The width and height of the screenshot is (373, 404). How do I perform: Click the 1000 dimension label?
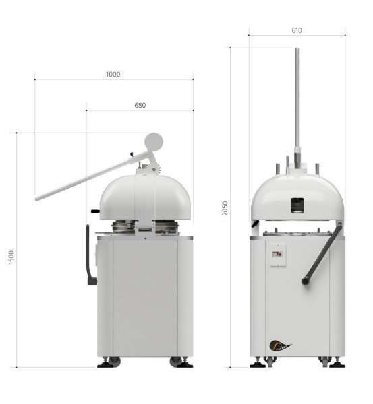tap(113, 74)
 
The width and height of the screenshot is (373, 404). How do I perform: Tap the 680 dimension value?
tap(140, 105)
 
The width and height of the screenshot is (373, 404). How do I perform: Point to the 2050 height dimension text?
tap(225, 208)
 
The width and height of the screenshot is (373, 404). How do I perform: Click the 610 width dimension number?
tap(297, 30)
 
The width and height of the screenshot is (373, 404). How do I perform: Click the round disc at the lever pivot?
tap(154, 141)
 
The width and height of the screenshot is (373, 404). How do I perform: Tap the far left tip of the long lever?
tap(38, 198)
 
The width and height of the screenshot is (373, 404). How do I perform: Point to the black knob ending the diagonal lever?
tap(306, 277)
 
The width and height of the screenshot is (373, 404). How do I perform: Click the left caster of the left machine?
tap(107, 362)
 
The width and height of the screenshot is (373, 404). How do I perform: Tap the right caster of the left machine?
tap(181, 362)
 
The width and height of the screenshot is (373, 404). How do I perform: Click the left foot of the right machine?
tap(258, 363)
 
